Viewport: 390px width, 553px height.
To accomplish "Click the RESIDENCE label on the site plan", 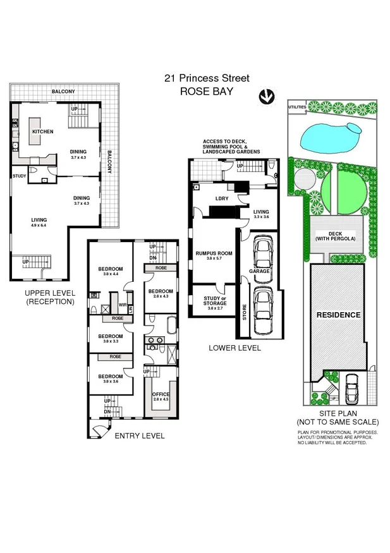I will [x=338, y=314].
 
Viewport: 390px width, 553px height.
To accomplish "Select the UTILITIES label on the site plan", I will [x=297, y=107].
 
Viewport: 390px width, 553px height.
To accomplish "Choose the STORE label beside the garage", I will [x=245, y=313].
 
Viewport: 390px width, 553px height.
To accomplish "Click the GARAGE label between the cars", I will [x=259, y=270].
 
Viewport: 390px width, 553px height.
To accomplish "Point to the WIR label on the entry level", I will [x=121, y=305].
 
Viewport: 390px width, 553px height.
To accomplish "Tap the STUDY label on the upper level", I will [x=19, y=176].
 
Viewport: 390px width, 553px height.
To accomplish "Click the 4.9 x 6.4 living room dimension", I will [x=39, y=225].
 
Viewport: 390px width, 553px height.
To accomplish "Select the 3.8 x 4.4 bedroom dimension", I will [x=109, y=274].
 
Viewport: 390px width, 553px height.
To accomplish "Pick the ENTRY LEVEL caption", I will [x=139, y=435].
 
